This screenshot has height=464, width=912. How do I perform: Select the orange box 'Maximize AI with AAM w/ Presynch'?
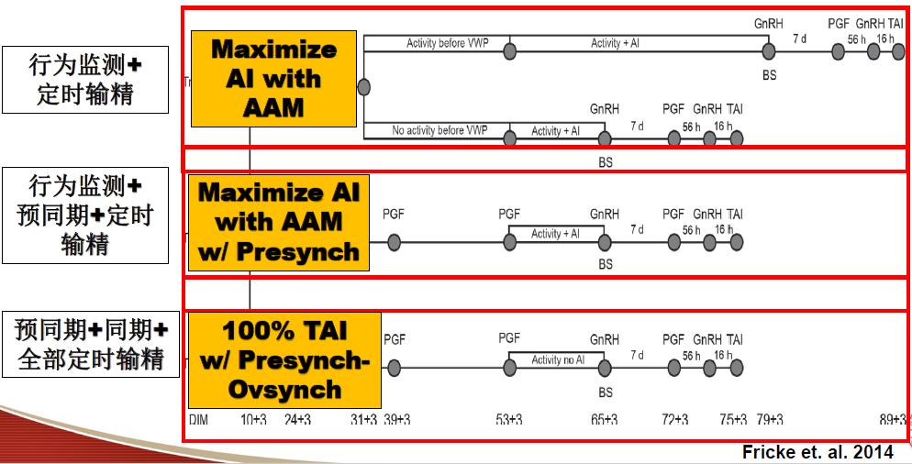279,222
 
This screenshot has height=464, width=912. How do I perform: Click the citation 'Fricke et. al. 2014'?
817,451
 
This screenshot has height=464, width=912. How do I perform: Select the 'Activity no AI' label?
558,359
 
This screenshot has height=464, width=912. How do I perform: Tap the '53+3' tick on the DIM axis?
509,419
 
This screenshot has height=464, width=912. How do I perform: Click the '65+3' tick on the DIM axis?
604,419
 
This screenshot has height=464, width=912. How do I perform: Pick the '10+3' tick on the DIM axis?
253,419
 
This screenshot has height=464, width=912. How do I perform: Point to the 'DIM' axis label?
199,419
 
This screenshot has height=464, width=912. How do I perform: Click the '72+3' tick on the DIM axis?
674,419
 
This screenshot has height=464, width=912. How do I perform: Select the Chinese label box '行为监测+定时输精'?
85,79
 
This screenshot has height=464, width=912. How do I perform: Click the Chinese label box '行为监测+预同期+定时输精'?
85,215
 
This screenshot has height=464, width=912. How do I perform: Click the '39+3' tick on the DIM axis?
396,419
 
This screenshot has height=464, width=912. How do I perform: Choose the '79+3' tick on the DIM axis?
769,419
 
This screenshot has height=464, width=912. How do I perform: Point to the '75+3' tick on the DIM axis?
733,419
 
